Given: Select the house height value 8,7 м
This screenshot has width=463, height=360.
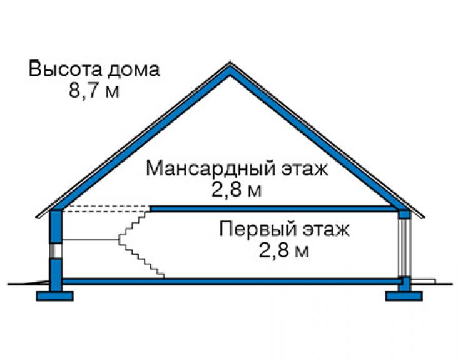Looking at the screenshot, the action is (94, 90).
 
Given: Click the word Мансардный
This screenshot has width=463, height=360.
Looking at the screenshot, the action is (210, 169).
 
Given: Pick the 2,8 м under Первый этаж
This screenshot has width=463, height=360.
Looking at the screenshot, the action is (284, 250).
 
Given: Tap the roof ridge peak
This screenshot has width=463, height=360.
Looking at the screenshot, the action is (230, 63).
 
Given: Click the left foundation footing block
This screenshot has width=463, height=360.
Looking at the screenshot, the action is (54, 296).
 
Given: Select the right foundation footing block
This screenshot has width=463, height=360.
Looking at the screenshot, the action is (404, 296).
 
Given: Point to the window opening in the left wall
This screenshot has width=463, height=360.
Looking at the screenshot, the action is (56, 250).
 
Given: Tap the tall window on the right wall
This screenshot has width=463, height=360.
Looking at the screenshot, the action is (404, 248).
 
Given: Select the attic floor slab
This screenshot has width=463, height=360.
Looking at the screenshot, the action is (274, 208).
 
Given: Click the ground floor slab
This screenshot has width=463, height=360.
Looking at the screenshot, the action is (230, 281).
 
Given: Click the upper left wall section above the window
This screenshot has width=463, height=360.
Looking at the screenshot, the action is (56, 227).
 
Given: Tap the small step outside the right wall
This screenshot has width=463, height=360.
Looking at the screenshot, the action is (423, 281).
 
